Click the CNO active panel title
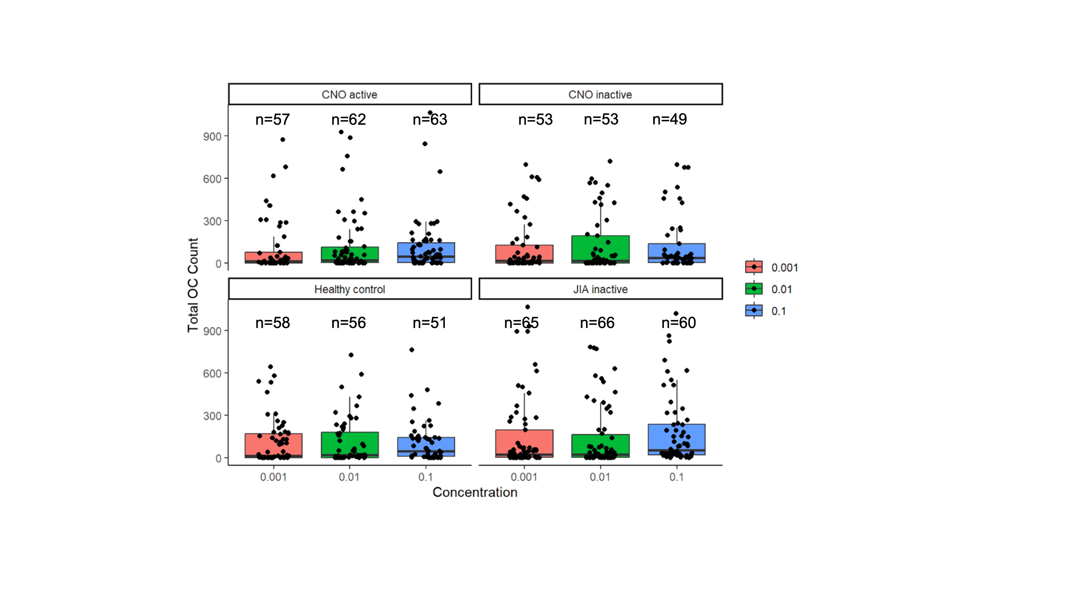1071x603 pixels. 349,94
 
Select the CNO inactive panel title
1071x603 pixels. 600,94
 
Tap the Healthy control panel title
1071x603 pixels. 349,289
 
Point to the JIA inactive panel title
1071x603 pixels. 600,289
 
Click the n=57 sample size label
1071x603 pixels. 272,119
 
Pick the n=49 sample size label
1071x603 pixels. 669,119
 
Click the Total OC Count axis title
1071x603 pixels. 193,285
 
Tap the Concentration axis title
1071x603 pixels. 475,492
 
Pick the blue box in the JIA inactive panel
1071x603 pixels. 676,439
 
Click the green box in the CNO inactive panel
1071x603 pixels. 600,249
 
